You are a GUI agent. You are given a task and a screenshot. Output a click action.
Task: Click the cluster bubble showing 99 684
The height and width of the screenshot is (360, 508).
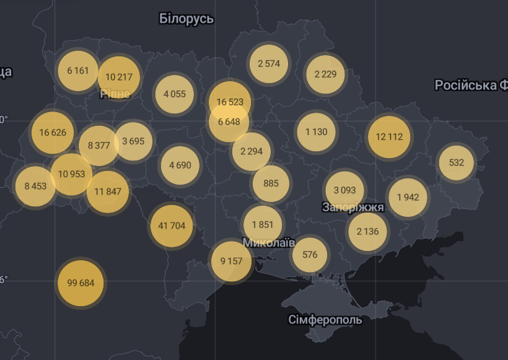tap(81, 283)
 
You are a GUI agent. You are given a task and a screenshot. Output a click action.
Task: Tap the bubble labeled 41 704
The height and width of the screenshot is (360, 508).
tap(172, 226)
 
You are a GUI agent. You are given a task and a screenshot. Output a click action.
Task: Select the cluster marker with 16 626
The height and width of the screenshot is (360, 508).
tap(53, 133)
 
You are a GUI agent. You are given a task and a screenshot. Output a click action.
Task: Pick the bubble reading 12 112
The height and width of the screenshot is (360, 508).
tap(389, 137)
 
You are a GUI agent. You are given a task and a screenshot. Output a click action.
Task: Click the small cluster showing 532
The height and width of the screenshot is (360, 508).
tap(456, 162)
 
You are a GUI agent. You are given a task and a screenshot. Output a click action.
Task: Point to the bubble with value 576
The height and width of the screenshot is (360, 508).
tap(310, 255)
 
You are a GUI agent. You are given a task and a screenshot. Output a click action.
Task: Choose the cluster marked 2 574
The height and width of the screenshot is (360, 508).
tap(269, 63)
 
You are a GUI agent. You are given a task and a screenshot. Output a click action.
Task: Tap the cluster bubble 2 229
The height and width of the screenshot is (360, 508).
tap(325, 74)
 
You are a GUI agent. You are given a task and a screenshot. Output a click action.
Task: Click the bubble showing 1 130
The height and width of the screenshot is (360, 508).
tap(316, 131)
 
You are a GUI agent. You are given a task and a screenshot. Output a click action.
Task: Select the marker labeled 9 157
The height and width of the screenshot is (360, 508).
tap(231, 261)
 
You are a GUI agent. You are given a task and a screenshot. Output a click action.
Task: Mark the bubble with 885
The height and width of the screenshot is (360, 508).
tap(271, 183)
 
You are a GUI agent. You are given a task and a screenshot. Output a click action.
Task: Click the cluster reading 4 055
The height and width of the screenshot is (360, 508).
tap(175, 94)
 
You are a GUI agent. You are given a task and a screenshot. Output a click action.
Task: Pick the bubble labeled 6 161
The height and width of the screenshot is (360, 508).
tap(78, 71)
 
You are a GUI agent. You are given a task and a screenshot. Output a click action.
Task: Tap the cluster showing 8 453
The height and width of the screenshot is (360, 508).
tap(35, 186)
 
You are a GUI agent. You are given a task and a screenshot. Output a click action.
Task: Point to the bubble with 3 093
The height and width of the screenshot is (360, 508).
tap(344, 190)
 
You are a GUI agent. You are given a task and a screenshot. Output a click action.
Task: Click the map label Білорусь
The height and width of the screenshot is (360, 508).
tap(186, 19)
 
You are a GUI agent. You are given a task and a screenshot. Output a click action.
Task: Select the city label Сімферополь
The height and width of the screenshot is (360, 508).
tap(325, 320)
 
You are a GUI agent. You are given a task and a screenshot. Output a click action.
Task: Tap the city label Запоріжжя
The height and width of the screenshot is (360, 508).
tap(353, 208)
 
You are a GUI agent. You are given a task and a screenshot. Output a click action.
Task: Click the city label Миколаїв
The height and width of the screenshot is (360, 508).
tap(269, 242)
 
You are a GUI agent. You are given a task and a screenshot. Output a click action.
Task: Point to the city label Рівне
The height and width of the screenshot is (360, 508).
tap(115, 94)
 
